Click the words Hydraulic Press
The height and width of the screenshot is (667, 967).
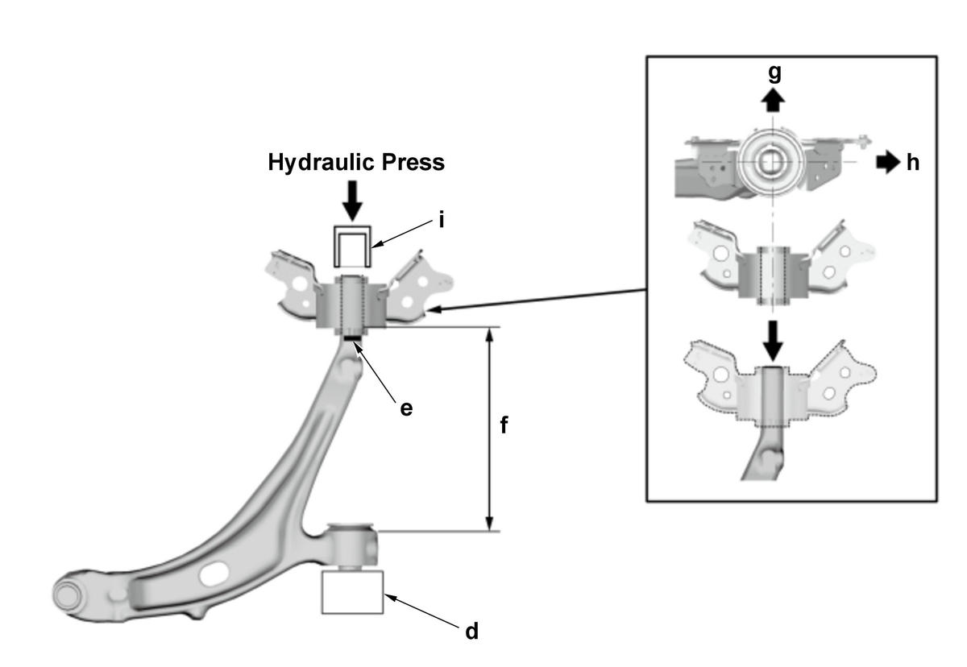pos(356,163)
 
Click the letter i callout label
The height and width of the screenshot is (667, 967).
pos(442,221)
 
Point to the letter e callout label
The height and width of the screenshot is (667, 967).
pos(406,408)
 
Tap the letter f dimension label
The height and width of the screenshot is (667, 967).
pos(504,425)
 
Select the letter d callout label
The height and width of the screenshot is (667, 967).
pos(472,632)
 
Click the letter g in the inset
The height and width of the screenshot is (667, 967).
pos(775,74)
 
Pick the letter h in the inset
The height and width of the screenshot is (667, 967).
pos(912,163)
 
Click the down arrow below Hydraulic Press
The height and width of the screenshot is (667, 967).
pos(353,201)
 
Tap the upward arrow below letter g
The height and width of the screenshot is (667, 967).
pos(773,100)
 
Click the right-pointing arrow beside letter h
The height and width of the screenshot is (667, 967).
pos(888,162)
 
